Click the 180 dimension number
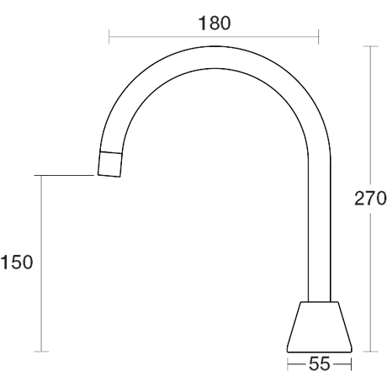point(215,23)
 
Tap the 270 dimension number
point(370,199)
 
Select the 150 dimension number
point(17,262)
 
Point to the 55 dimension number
point(320,364)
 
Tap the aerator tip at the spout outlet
point(110,165)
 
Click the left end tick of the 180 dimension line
point(109,36)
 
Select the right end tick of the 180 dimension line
point(319,36)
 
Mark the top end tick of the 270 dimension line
point(370,46)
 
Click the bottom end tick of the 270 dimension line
point(370,352)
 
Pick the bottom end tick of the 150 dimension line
point(41,352)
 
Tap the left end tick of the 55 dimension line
point(288,364)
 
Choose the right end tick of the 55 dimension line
point(351,364)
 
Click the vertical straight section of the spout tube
point(320,230)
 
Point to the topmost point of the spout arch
point(215,46)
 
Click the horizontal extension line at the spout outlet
point(64,175)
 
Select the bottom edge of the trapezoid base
point(320,352)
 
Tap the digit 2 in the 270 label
point(360,199)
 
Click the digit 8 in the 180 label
point(215,23)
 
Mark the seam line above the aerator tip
point(111,153)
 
